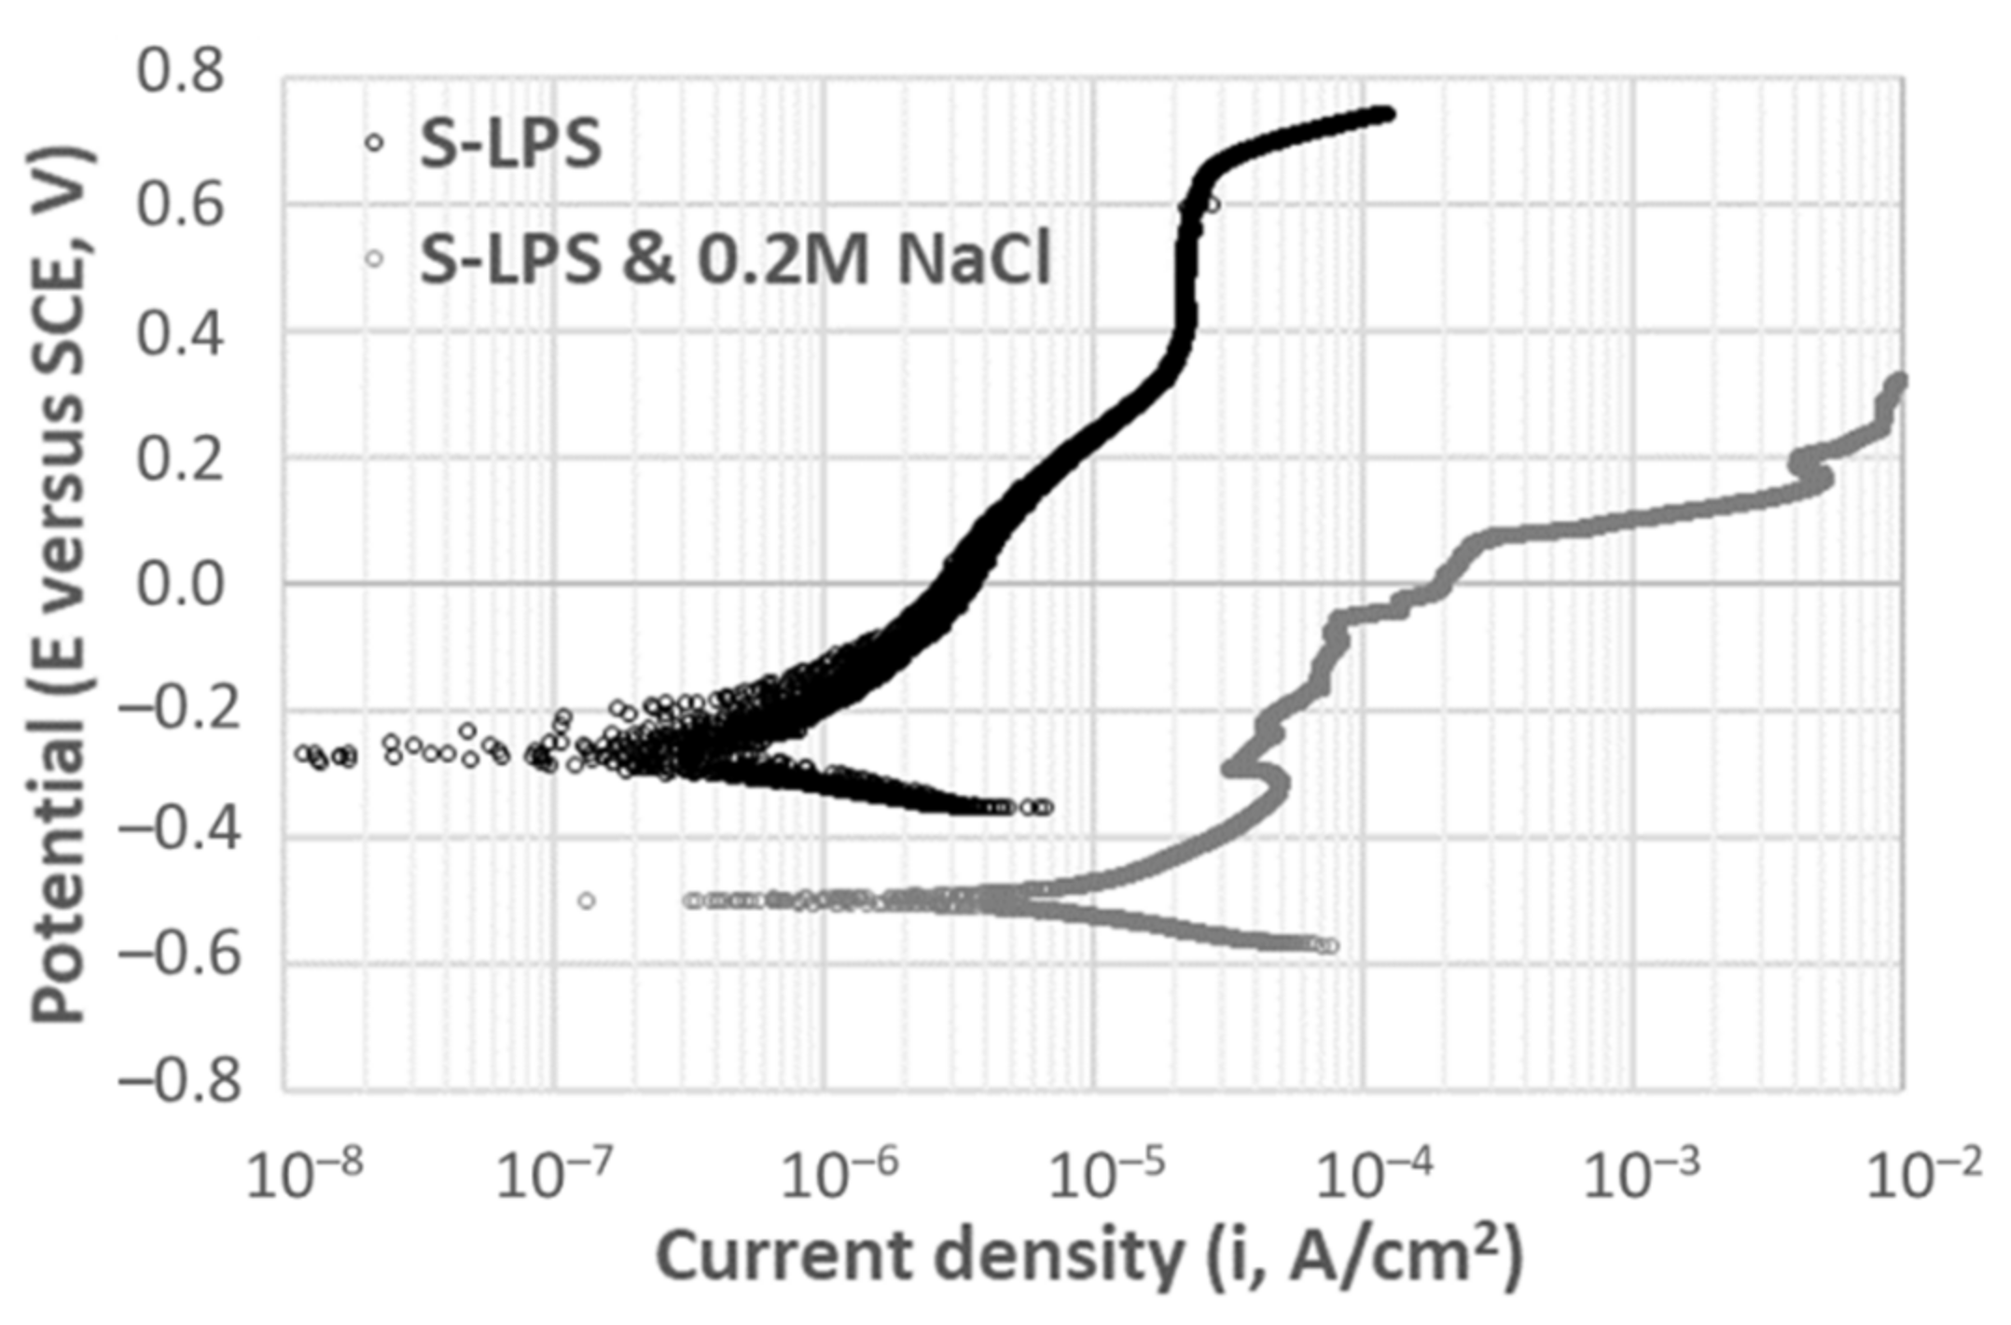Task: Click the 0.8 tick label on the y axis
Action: tap(180, 72)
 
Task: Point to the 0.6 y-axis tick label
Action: tap(180, 204)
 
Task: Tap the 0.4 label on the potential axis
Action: tap(180, 334)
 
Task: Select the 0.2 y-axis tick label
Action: tap(180, 460)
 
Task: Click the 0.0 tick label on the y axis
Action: tap(180, 586)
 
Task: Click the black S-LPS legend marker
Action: tap(374, 143)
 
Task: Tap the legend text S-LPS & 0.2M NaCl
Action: tap(735, 258)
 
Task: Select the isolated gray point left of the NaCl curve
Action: tap(586, 900)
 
